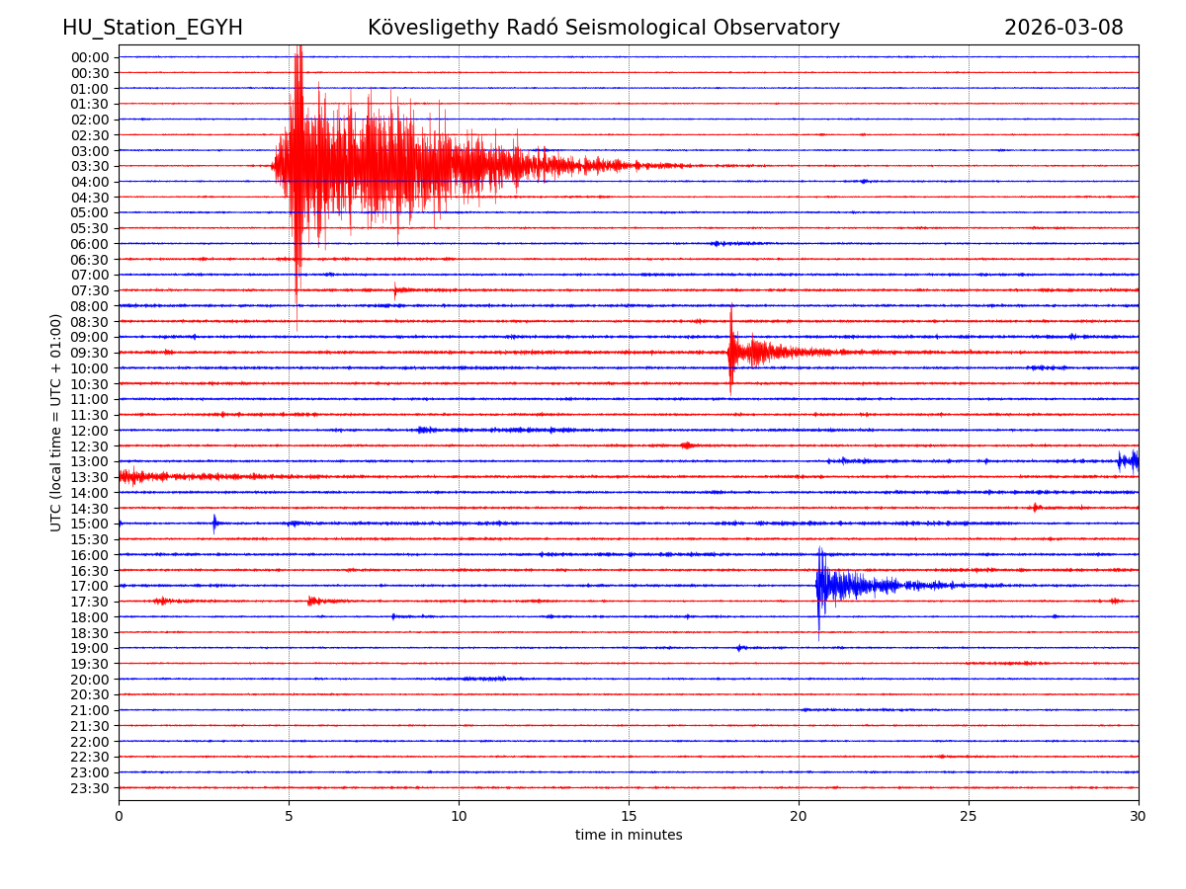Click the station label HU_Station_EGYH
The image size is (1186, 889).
tap(152, 29)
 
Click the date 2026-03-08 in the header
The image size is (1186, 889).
tap(1063, 29)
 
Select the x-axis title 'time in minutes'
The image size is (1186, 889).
tap(629, 836)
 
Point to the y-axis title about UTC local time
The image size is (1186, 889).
tap(56, 422)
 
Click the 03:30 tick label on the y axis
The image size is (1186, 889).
tap(90, 166)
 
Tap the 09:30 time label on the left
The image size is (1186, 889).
tap(90, 353)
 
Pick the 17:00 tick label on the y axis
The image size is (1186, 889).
tap(90, 586)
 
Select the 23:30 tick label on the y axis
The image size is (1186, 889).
tap(90, 788)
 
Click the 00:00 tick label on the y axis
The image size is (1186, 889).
tap(90, 57)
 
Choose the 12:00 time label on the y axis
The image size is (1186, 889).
tap(90, 431)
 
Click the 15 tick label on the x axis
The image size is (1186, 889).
tap(629, 816)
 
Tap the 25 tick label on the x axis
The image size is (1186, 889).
tap(969, 816)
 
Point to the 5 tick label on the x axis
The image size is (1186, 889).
tap(289, 816)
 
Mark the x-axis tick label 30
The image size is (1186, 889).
tap(1138, 816)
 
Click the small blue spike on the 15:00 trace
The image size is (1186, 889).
tap(214, 523)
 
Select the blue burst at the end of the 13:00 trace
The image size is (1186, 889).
tap(1127, 461)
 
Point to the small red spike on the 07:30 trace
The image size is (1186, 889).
tap(395, 290)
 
